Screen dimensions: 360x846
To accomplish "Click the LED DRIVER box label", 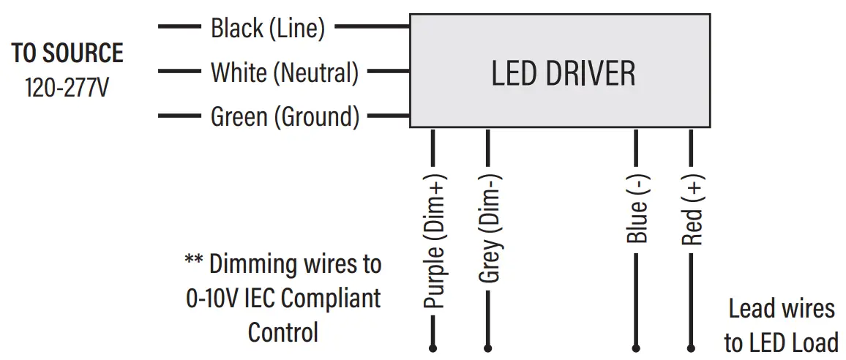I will tap(563, 74).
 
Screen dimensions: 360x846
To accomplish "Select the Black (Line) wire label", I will tap(267, 29).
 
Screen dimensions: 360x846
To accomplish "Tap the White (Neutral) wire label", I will tap(285, 72).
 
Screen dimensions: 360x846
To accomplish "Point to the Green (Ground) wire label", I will tap(285, 117).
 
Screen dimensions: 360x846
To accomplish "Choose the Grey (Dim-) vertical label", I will tap(489, 229).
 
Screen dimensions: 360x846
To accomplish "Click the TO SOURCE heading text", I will tap(67, 53).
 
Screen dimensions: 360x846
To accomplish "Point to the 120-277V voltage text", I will tap(67, 88).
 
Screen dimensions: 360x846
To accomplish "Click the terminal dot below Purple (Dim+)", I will tap(433, 348).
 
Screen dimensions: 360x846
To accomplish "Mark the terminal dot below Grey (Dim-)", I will tap(488, 348).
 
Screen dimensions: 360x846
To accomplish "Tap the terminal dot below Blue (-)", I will tap(636, 348).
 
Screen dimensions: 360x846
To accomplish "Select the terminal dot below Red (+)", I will tap(690, 348).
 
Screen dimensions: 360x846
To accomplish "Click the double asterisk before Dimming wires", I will tap(193, 261).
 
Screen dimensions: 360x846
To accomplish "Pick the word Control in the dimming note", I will tap(283, 332).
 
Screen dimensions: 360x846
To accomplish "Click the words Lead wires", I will tap(781, 309).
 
